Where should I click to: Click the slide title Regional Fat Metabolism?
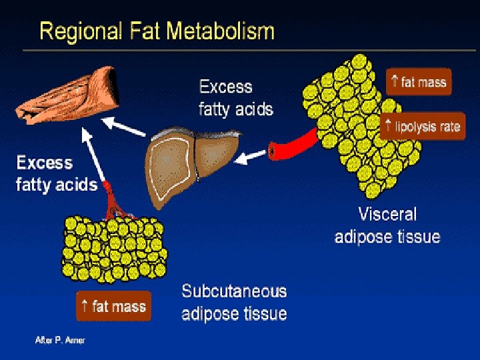(157, 31)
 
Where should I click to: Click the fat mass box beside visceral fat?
(419, 83)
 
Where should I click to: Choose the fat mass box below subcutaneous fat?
(113, 307)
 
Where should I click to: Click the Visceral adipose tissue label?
(387, 225)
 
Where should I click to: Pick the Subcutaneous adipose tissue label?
(234, 302)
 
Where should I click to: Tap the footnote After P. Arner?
(60, 340)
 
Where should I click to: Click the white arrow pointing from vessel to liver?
(252, 157)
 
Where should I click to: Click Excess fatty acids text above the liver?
(235, 97)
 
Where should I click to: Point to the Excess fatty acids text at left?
(57, 173)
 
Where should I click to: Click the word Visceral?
(387, 215)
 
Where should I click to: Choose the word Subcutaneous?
(234, 291)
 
